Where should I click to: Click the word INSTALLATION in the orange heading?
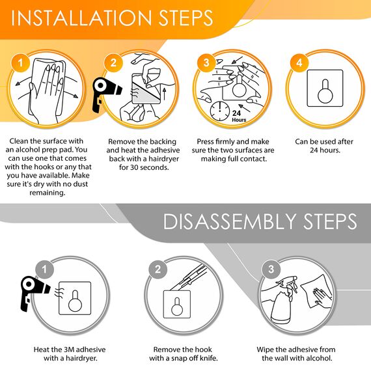81,18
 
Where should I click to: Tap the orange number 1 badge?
20,62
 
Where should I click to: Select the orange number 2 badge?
113,62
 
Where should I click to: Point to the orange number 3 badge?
206,62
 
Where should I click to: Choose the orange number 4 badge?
299,62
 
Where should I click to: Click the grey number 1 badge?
44,269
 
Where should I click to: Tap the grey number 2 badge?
158,269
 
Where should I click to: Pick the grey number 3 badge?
271,269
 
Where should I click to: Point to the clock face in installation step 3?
220,111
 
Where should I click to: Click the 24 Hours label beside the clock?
239,117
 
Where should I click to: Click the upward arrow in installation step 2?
164,94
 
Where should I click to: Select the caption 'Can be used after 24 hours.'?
324,146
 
